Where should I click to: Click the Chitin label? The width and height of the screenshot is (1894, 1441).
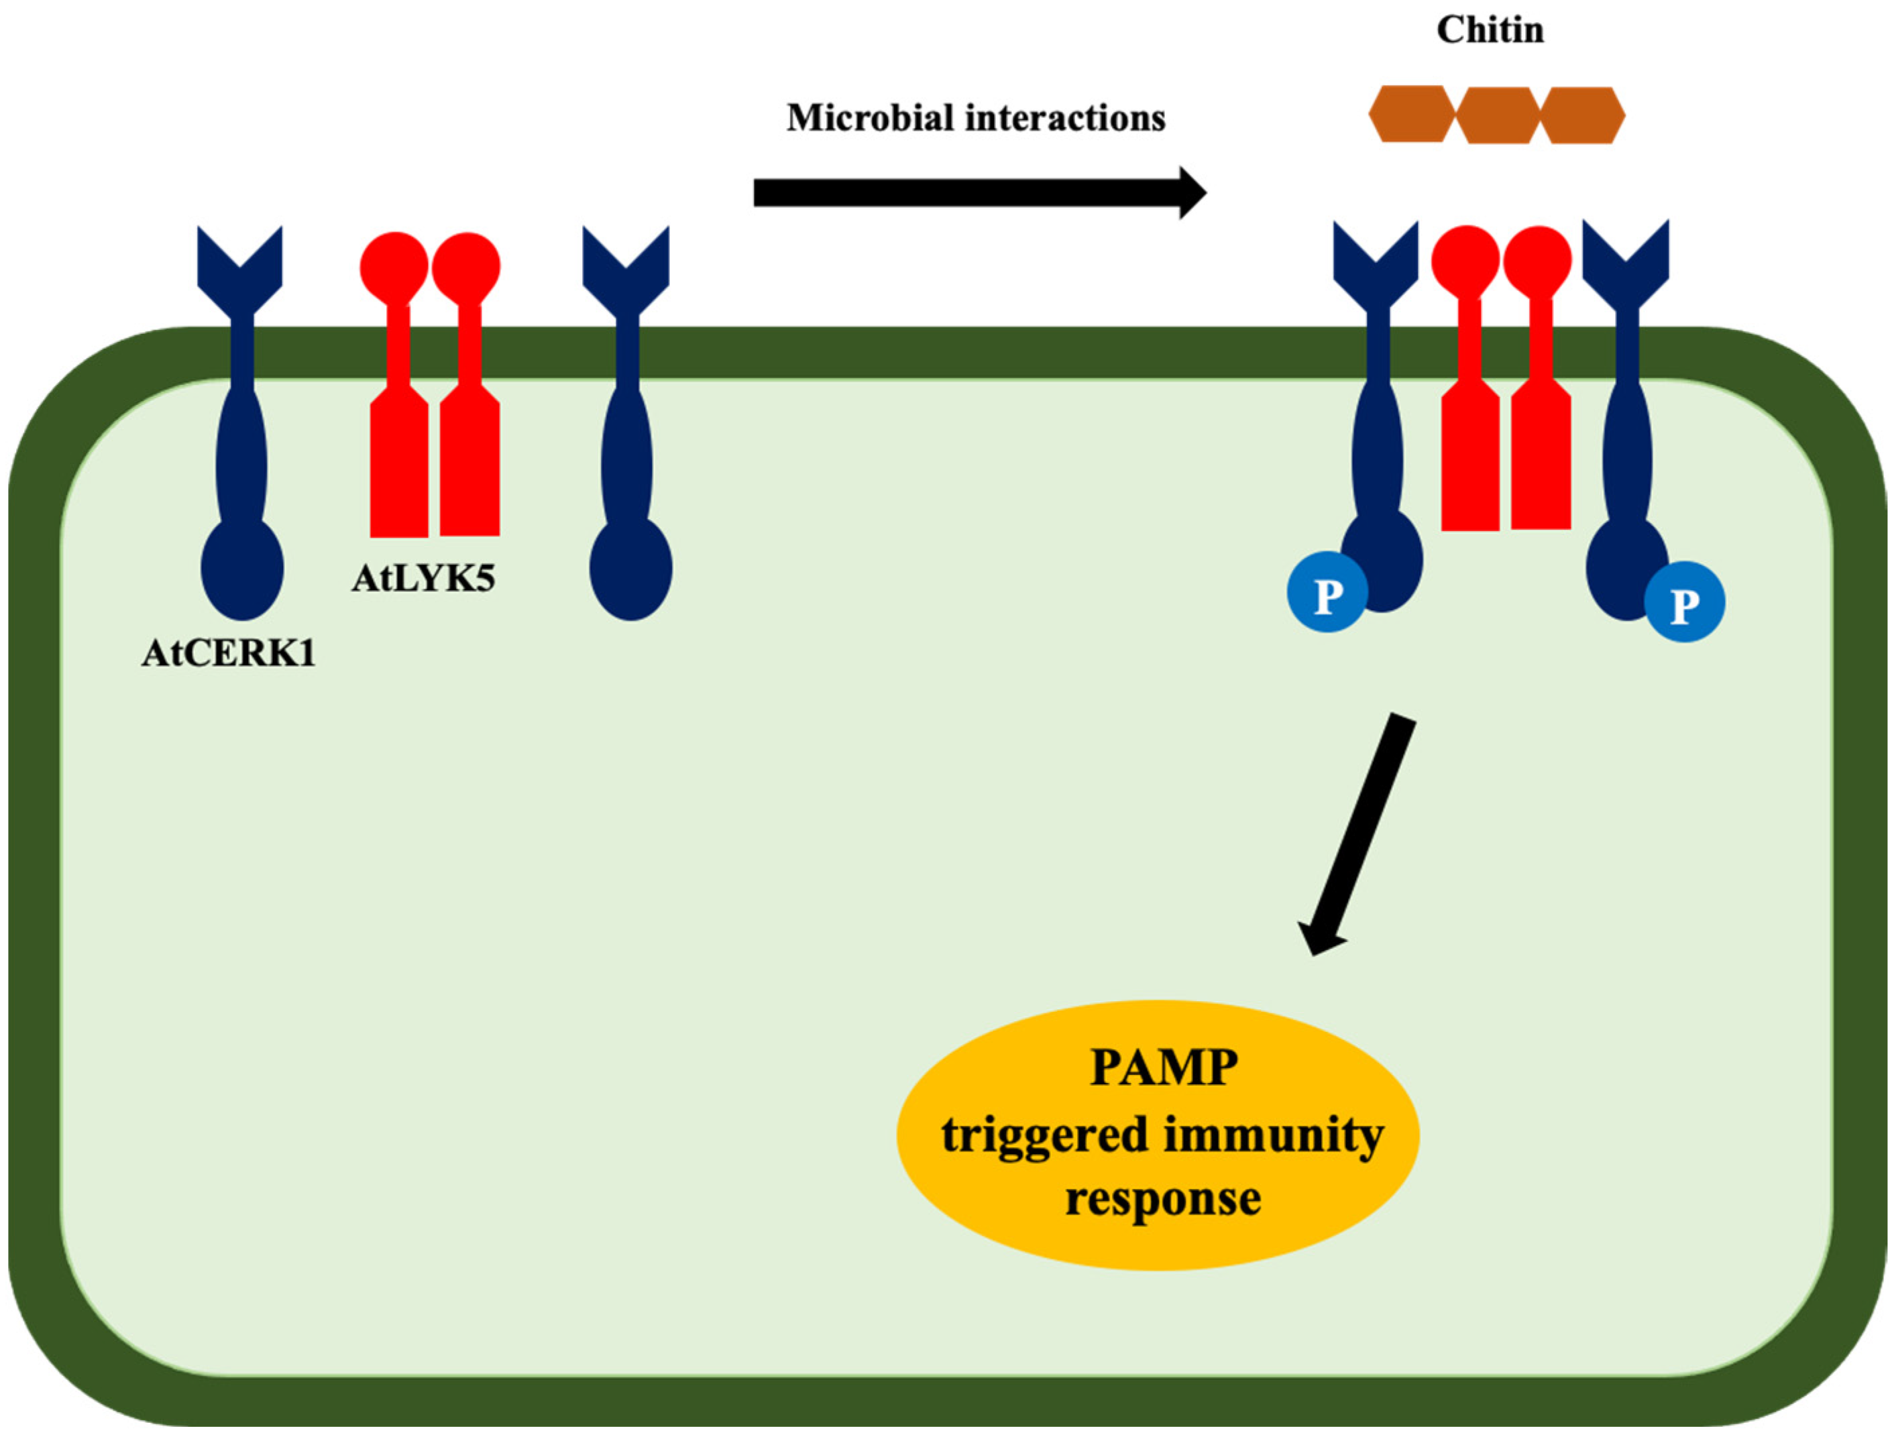(x=1490, y=31)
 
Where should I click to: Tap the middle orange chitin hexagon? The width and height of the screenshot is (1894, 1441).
(x=1497, y=115)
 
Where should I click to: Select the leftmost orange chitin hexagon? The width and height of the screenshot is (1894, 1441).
(x=1412, y=115)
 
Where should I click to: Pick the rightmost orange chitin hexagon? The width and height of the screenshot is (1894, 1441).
(x=1583, y=115)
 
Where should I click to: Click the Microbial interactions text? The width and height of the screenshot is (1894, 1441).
(x=975, y=119)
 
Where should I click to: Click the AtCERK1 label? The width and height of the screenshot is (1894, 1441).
(x=228, y=654)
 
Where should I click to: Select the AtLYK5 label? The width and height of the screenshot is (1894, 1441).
(x=423, y=578)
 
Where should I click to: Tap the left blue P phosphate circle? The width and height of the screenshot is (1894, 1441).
(x=1327, y=593)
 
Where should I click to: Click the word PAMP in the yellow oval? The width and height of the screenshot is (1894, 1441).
(x=1164, y=1068)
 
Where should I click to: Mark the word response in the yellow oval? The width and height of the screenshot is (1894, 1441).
(x=1163, y=1199)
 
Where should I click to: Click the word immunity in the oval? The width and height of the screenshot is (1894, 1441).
(x=1273, y=1135)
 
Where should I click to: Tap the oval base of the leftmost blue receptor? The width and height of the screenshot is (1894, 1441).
(x=242, y=569)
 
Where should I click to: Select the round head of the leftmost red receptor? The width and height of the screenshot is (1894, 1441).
(x=394, y=267)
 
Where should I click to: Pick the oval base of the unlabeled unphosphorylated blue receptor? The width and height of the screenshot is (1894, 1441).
(x=630, y=569)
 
